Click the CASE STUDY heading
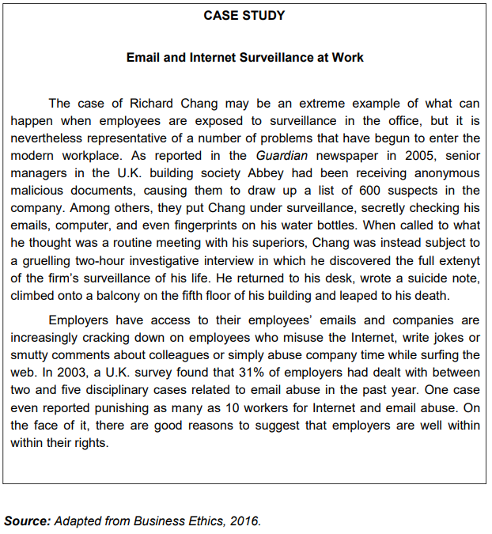coord(244,15)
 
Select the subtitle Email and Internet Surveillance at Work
coord(244,58)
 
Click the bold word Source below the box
coord(26,521)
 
